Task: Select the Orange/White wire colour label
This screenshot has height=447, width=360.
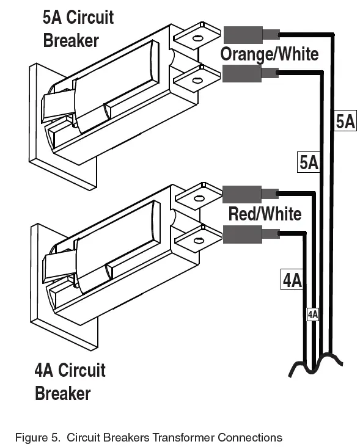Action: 269,54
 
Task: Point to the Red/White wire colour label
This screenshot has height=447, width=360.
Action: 264,214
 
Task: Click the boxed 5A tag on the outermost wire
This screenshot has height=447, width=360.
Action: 345,122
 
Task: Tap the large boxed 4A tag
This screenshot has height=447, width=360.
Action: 292,280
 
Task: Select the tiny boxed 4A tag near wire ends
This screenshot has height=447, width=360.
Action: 312,314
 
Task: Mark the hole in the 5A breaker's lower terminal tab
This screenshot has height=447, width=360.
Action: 197,79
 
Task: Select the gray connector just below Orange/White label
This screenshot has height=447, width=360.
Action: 243,74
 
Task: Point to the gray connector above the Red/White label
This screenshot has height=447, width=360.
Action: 243,194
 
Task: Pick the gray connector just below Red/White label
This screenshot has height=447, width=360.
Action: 243,234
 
